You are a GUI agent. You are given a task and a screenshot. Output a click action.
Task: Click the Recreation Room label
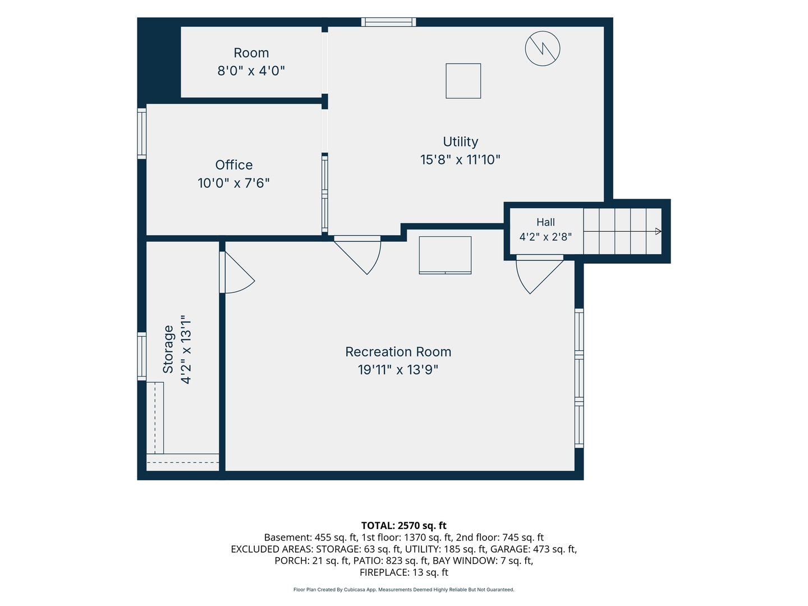pos(398,352)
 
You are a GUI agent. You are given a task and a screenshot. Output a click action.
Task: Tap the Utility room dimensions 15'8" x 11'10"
pos(460,160)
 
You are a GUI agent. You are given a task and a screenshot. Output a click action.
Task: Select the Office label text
pos(234,165)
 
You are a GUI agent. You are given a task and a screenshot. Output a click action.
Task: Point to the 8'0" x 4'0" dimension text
pos(251,70)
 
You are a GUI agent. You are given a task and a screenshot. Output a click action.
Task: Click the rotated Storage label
pos(168,349)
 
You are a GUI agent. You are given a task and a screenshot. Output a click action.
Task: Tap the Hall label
pos(545,222)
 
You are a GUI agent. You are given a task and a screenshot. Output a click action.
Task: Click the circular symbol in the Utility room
pos(542,49)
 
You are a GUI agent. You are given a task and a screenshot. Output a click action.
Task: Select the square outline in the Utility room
pos(463,81)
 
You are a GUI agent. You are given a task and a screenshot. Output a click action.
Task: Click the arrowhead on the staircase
pos(658,231)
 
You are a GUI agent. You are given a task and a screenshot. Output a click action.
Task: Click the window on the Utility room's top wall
pos(388,22)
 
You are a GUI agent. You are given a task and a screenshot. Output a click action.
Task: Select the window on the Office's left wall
pos(142,134)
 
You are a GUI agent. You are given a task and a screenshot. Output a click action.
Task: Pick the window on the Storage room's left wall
pos(142,356)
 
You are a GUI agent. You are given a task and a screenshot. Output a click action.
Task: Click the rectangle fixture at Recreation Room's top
pos(445,255)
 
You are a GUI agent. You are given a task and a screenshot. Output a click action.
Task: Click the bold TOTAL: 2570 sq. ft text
pos(404,525)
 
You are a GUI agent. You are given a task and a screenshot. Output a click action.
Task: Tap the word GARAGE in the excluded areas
pos(507,549)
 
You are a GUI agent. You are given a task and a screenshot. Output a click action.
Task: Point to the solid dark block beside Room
pos(159,61)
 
